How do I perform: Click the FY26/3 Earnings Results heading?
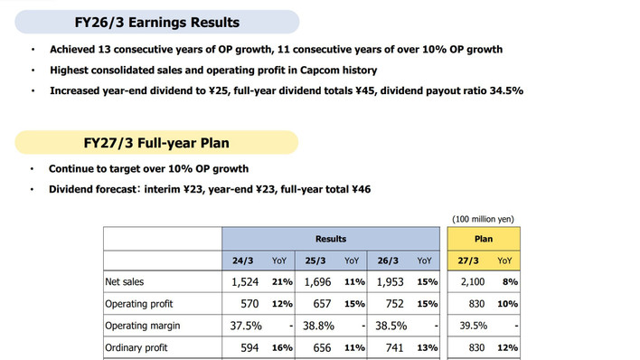coord(156,22)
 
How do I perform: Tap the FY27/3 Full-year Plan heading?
coord(156,143)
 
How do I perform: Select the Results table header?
coord(331,239)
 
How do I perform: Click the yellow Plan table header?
coord(484,239)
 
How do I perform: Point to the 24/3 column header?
coord(243,261)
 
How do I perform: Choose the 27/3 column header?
coord(467,261)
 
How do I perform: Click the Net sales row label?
coord(125,282)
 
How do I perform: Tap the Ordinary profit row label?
coord(136,347)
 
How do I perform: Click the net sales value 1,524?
coord(245,282)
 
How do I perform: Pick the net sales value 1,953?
coord(391,282)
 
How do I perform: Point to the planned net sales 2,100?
coord(473,282)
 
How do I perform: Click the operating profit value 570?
coord(249,304)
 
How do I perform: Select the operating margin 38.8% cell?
coord(318,326)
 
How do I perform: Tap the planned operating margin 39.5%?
coord(474,326)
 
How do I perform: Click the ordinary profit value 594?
coord(249,347)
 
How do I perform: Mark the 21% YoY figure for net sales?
coord(282,282)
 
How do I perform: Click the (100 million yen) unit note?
coord(483,219)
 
